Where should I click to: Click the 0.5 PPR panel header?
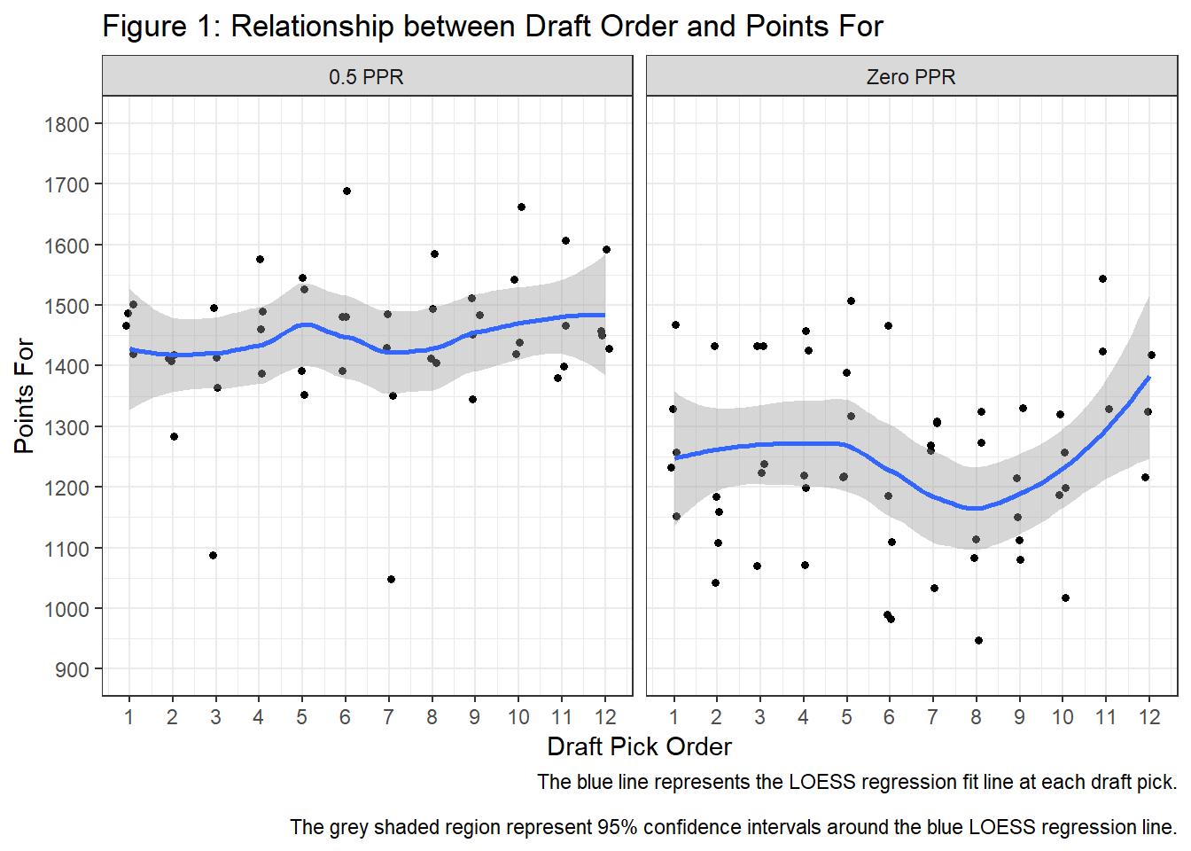(366, 77)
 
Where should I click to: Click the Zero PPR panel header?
(911, 77)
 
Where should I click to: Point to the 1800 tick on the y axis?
(67, 124)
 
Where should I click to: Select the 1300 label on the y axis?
(67, 427)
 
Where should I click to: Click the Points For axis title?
(24, 395)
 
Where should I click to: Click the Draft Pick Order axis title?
(639, 746)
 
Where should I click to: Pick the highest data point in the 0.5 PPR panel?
(346, 191)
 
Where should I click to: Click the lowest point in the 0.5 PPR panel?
(391, 579)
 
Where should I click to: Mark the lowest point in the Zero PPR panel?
(978, 640)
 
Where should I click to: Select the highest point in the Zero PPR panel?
(1102, 278)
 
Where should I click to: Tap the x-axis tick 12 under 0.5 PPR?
(605, 717)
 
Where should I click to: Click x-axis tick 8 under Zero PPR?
(976, 717)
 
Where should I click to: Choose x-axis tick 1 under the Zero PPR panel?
(673, 717)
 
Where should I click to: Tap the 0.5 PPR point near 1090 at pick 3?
(213, 555)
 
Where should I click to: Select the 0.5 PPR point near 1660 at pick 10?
(521, 207)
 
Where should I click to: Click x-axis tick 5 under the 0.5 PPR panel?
(301, 717)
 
